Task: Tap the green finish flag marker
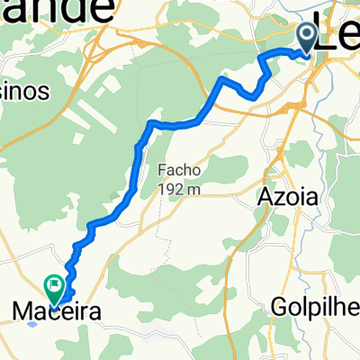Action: [56, 289]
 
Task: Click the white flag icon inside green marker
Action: [56, 285]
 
